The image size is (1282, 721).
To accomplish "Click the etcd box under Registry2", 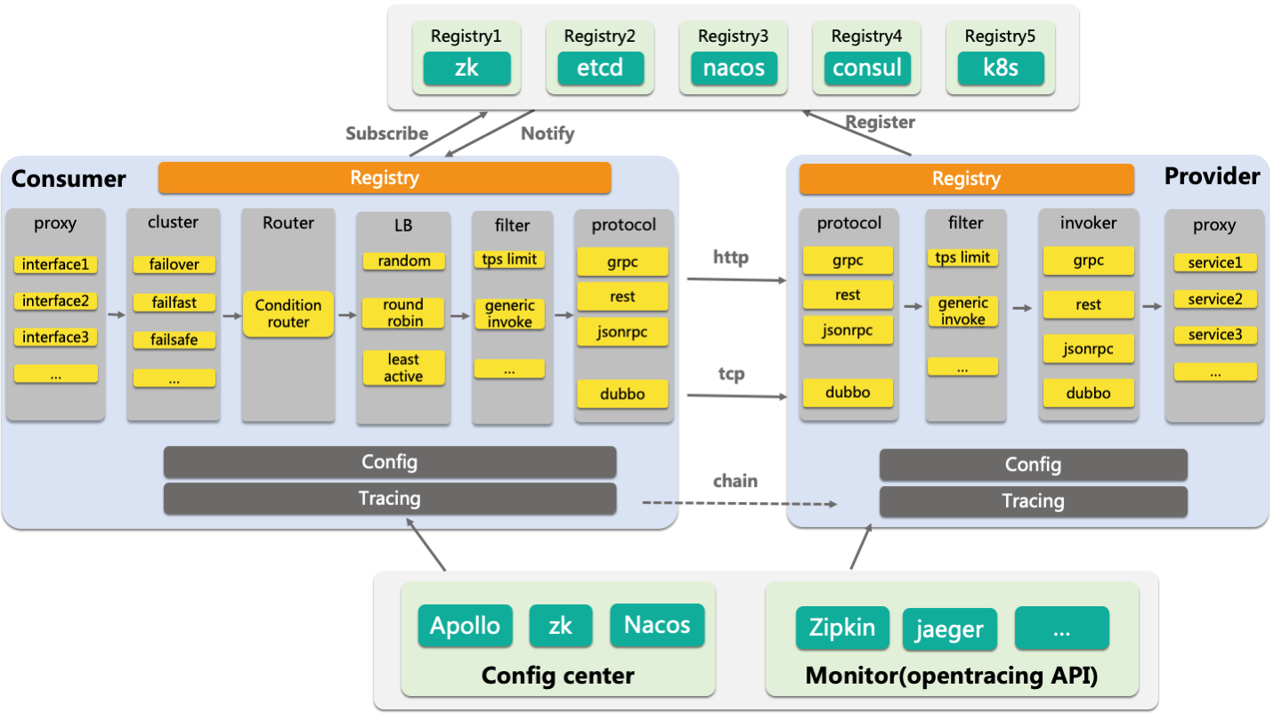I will [600, 69].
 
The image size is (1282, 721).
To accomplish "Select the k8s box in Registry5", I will [1001, 69].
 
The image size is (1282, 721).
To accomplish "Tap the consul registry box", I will [867, 69].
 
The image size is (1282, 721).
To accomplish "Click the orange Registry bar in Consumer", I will [385, 178].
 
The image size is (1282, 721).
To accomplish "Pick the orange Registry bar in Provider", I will [966, 179].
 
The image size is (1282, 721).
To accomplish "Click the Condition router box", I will [288, 313].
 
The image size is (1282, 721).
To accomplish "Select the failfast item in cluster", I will [174, 303].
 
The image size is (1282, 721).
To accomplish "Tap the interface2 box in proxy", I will [55, 301].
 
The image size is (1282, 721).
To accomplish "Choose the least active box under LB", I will [403, 368].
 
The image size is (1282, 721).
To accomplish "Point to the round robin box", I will [403, 312].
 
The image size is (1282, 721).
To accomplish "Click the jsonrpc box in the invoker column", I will [1088, 348].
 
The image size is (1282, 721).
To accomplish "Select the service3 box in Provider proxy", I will [1214, 335].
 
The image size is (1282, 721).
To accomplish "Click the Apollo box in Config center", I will [465, 625].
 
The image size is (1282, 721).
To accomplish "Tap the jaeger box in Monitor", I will [949, 629].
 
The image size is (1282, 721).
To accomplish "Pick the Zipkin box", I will [841, 627].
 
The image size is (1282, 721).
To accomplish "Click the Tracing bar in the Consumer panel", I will [389, 498].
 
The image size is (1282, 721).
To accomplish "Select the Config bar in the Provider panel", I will [1033, 465].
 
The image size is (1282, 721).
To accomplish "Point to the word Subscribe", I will [386, 134].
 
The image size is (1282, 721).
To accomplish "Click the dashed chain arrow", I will [739, 504].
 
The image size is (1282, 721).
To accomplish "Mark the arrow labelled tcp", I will [737, 394].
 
